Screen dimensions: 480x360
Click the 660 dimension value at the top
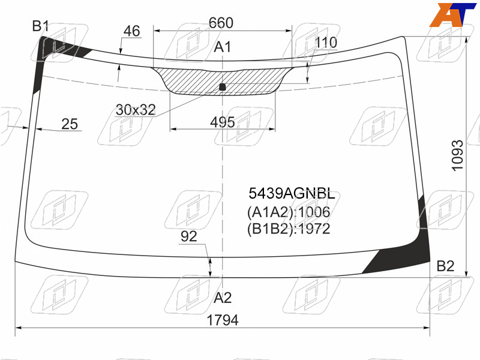[x=221, y=23]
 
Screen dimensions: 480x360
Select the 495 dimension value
[x=222, y=122]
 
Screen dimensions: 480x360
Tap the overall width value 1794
[x=223, y=320]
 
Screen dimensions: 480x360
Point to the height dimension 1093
[x=457, y=155]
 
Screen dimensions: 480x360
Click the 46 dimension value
[x=131, y=31]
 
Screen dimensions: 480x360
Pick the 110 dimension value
[x=326, y=43]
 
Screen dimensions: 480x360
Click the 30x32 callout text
[x=136, y=110]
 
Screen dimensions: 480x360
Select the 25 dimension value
[x=70, y=124]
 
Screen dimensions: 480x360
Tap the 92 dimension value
[x=188, y=236]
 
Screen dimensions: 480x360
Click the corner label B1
[x=40, y=26]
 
